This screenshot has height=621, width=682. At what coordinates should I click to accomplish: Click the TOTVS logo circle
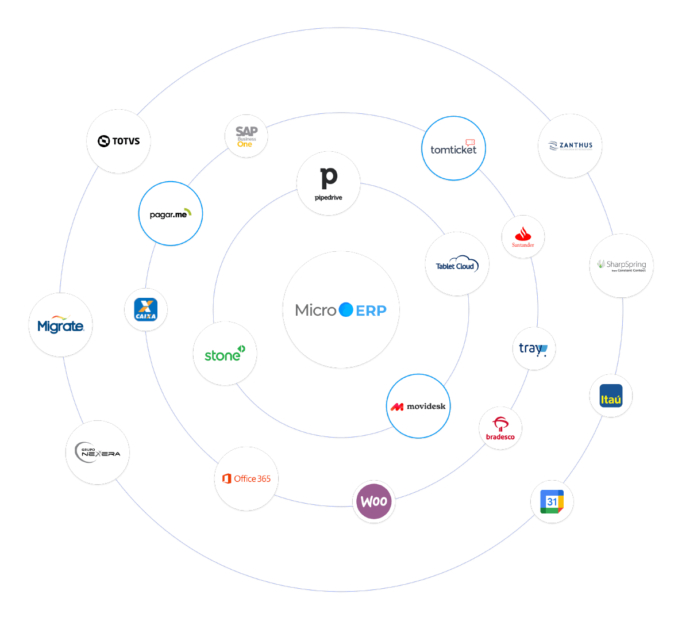119,141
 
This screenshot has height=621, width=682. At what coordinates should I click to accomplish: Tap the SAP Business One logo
246,136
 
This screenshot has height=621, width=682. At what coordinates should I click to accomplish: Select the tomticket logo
453,148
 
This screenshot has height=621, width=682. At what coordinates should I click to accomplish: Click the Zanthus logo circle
570,145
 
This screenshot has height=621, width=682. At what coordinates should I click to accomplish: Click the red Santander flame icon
523,233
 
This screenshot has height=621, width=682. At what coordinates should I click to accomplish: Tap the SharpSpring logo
622,266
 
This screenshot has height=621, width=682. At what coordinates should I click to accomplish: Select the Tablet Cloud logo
457,264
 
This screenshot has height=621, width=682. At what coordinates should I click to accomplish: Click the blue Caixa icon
146,309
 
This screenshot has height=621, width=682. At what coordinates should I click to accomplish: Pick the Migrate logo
60,325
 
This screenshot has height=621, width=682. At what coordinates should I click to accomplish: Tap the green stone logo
225,354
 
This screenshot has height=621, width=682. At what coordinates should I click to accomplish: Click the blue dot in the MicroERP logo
346,310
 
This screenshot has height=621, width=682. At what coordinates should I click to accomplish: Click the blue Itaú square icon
611,396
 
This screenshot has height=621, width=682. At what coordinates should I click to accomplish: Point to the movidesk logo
418,407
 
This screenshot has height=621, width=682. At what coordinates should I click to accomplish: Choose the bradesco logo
500,428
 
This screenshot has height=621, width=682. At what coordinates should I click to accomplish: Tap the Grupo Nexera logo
98,453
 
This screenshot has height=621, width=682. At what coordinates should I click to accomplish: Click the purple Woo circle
374,501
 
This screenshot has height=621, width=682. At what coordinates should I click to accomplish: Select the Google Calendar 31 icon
552,501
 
